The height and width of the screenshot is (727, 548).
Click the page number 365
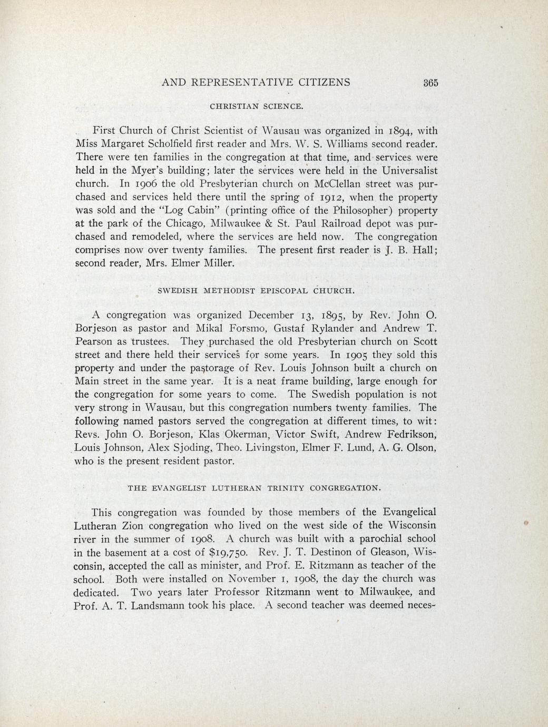pyautogui.click(x=430, y=83)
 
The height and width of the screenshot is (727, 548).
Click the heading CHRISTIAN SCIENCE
pyautogui.click(x=257, y=106)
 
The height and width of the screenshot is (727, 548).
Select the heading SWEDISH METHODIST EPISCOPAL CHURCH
pyautogui.click(x=256, y=290)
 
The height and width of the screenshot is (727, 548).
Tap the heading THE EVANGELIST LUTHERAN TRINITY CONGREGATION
pyautogui.click(x=254, y=488)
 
